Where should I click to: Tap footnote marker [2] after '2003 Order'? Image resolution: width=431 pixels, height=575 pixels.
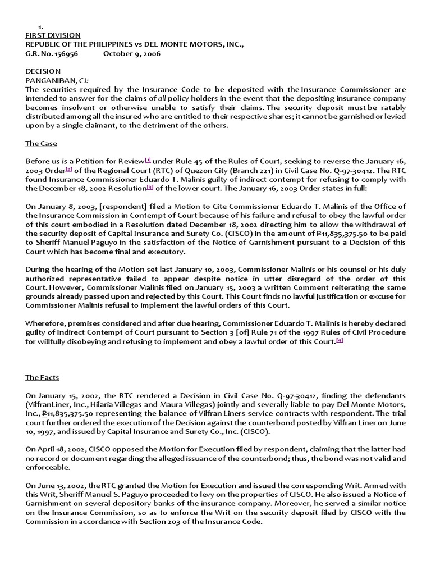coord(69,170)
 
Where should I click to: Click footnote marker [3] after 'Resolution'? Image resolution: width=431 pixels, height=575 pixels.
coord(150,188)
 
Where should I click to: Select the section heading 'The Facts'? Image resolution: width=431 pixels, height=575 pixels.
coord(43,378)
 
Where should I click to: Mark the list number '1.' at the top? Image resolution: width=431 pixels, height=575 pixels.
coord(41,26)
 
